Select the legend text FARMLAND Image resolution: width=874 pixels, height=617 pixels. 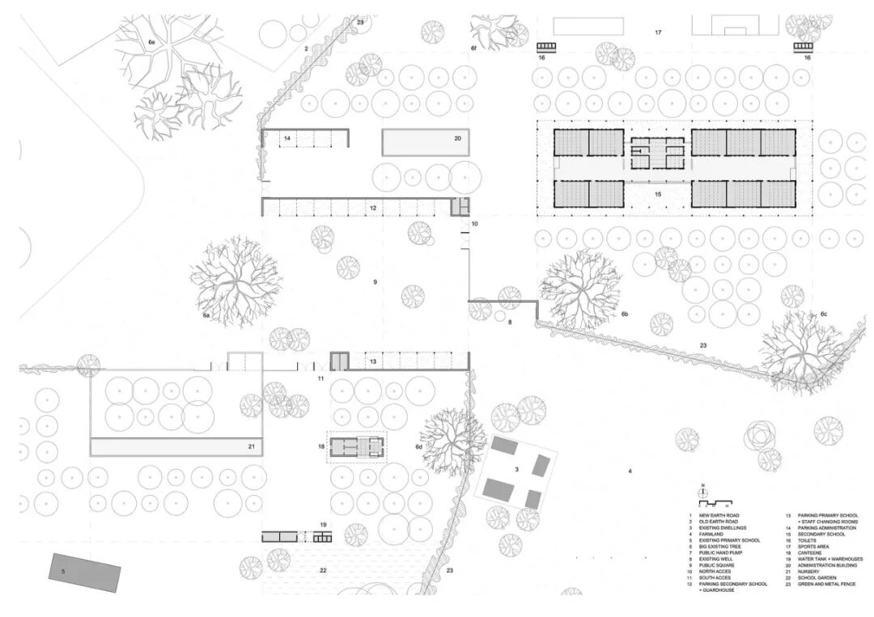coord(717,534)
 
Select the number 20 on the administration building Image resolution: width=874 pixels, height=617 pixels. coord(457,138)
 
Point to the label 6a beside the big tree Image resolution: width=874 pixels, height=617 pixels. coord(206,315)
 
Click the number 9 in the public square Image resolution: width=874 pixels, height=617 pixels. coord(375,281)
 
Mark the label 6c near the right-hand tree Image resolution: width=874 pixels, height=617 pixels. coord(824,313)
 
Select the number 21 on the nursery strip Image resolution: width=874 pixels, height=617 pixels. coord(252,446)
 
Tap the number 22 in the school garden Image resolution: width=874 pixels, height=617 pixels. coord(323,571)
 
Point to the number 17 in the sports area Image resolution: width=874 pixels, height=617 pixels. coord(658,32)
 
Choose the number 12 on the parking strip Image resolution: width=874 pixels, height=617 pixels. coord(373,208)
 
